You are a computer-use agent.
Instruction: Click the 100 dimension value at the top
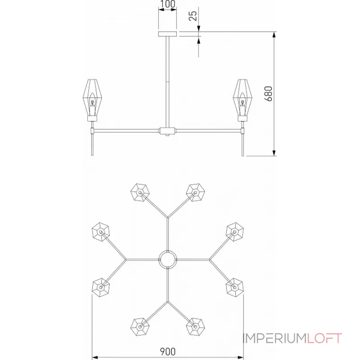tap(167, 4)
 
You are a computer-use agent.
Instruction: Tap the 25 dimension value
tap(193, 16)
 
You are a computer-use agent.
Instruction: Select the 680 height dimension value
tap(268, 94)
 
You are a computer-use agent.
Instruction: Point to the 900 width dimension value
tap(167, 351)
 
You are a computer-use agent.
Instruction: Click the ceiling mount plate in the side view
tap(167, 34)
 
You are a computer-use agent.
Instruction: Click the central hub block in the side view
tap(167, 131)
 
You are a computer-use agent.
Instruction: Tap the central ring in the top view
tap(168, 260)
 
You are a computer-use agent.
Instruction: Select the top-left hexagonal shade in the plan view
tap(140, 193)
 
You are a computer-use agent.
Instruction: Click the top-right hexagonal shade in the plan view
tap(195, 193)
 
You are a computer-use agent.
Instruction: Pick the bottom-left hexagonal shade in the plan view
tap(140, 327)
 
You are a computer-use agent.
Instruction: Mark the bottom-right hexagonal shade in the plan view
tap(195, 327)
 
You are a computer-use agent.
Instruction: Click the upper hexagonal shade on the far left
tap(100, 231)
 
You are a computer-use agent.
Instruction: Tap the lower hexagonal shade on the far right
tap(234, 287)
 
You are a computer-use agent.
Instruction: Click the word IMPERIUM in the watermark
tap(275, 338)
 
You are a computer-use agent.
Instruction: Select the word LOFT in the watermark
tap(324, 338)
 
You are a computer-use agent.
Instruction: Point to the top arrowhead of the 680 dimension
tap(274, 35)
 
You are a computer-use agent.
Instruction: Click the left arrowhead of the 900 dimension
tap(95, 357)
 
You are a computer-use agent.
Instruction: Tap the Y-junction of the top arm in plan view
tap(168, 217)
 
